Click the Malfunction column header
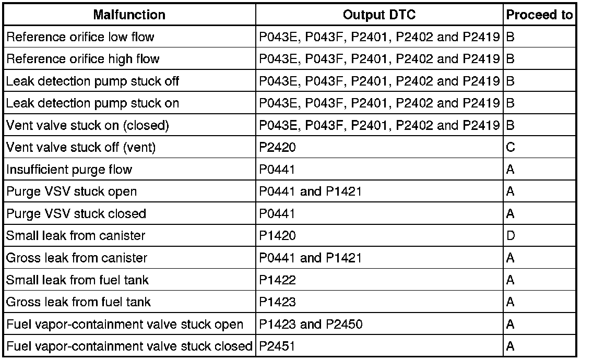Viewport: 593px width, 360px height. (129, 15)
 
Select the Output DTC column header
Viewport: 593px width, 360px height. (379, 15)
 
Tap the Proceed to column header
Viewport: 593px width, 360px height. (539, 15)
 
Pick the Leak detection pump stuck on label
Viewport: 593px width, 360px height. (92, 103)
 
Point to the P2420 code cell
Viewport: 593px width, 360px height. (277, 148)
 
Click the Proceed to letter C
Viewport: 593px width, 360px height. (511, 148)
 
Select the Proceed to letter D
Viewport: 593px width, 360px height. (511, 236)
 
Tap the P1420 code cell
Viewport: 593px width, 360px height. (277, 236)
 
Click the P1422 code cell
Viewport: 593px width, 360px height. (277, 280)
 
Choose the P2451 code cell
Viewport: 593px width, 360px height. (277, 346)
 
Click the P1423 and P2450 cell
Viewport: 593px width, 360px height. (311, 325)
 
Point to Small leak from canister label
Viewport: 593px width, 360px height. (76, 236)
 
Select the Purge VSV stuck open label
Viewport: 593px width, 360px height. (72, 191)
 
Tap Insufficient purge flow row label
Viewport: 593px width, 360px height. (69, 170)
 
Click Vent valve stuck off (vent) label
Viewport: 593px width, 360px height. (81, 148)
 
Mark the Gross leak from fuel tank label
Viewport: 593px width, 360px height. (78, 302)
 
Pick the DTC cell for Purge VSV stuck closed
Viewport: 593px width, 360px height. (277, 214)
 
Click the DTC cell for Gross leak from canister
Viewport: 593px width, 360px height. (310, 258)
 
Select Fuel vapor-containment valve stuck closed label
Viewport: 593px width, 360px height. (129, 346)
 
